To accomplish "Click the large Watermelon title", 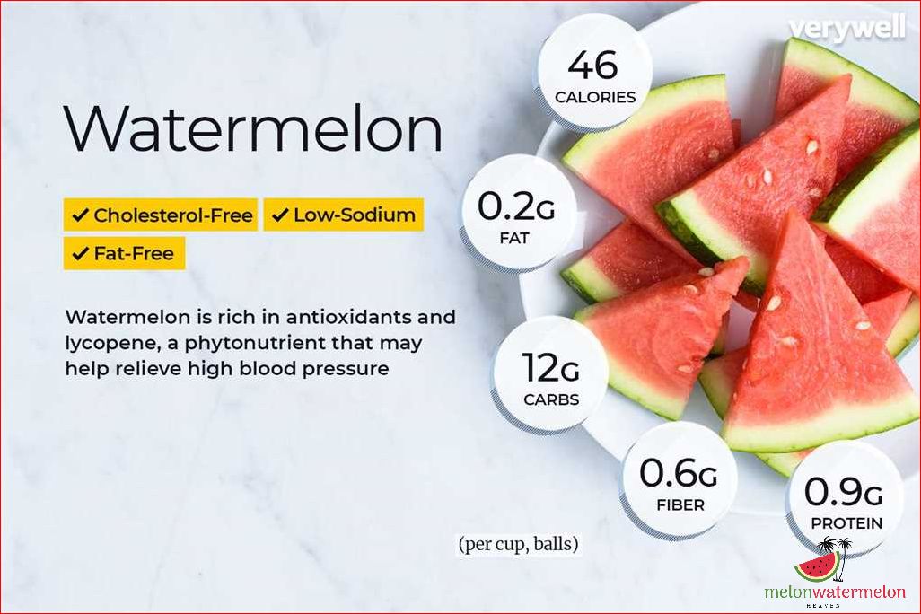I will pyautogui.click(x=253, y=128).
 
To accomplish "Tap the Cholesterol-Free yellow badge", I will pyautogui.click(x=161, y=215).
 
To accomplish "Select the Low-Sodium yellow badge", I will pyautogui.click(x=343, y=215).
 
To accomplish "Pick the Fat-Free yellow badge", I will pyautogui.click(x=124, y=254).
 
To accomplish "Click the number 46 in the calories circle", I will pyautogui.click(x=593, y=66).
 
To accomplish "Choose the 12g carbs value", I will pyautogui.click(x=550, y=369).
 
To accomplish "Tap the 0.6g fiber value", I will pyautogui.click(x=678, y=474).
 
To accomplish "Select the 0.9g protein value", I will pyautogui.click(x=844, y=492).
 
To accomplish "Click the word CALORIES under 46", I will pyautogui.click(x=594, y=96).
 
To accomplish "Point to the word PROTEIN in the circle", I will pyautogui.click(x=846, y=522).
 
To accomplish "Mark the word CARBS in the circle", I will pyautogui.click(x=551, y=399).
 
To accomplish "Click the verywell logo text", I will pyautogui.click(x=846, y=29).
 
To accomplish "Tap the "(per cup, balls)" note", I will pyautogui.click(x=518, y=544).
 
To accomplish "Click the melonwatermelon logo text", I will pyautogui.click(x=835, y=592).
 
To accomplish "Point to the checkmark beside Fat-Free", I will pyautogui.click(x=81, y=254).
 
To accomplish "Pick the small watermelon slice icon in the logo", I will pyautogui.click(x=817, y=566).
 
